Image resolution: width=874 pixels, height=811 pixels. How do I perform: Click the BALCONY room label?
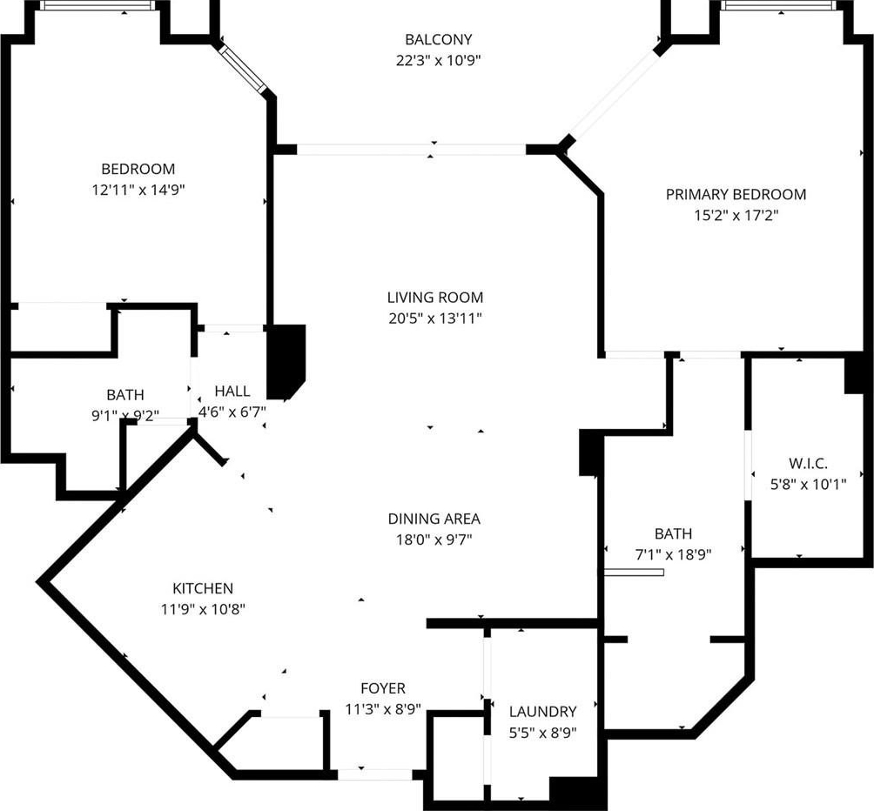tap(438, 39)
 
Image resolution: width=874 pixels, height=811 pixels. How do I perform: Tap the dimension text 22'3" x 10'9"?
tap(438, 60)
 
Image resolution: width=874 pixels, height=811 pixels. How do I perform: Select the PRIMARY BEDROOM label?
tap(736, 194)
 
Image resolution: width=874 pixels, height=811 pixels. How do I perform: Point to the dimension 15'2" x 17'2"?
tap(736, 215)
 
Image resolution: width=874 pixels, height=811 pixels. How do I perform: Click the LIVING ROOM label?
tap(434, 298)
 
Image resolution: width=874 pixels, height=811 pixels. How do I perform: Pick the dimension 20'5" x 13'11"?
tap(434, 318)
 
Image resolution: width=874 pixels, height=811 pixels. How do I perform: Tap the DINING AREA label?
tap(434, 519)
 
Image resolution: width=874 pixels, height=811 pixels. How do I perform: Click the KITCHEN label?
tap(203, 588)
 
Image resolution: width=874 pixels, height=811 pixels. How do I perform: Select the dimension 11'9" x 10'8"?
tap(203, 609)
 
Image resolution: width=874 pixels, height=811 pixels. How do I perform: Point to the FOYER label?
tap(383, 688)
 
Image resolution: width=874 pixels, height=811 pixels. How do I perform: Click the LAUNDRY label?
tap(543, 711)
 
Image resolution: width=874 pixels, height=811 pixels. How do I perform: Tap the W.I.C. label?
tap(808, 464)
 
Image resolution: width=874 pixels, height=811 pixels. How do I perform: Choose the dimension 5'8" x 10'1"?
tap(808, 484)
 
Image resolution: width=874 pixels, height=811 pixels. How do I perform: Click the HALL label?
tap(232, 391)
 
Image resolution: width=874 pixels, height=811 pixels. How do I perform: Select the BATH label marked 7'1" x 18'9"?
tap(673, 533)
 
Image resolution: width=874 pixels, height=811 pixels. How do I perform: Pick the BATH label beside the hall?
tap(125, 395)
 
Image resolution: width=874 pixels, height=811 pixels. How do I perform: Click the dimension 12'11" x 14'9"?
tap(138, 190)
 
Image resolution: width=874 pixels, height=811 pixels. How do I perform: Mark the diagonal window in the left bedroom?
tap(244, 69)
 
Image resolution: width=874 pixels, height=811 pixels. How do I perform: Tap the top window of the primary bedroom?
tap(779, 5)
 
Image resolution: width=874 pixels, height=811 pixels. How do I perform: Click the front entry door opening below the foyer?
tap(375, 774)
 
